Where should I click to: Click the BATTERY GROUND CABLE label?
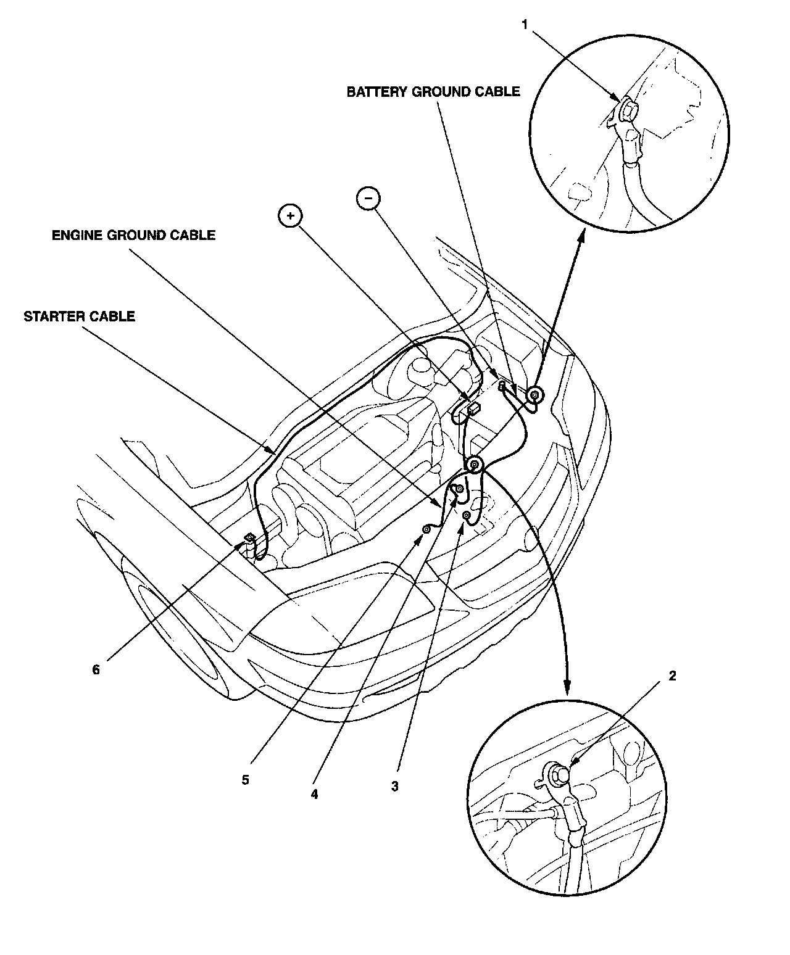433,92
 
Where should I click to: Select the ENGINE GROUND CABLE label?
133,235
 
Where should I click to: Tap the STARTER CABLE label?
79,316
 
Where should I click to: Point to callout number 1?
525,25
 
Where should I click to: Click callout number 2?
672,676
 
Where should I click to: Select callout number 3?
395,787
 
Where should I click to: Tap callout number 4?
314,795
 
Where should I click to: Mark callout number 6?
96,669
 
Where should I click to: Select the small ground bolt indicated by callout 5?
426,529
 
